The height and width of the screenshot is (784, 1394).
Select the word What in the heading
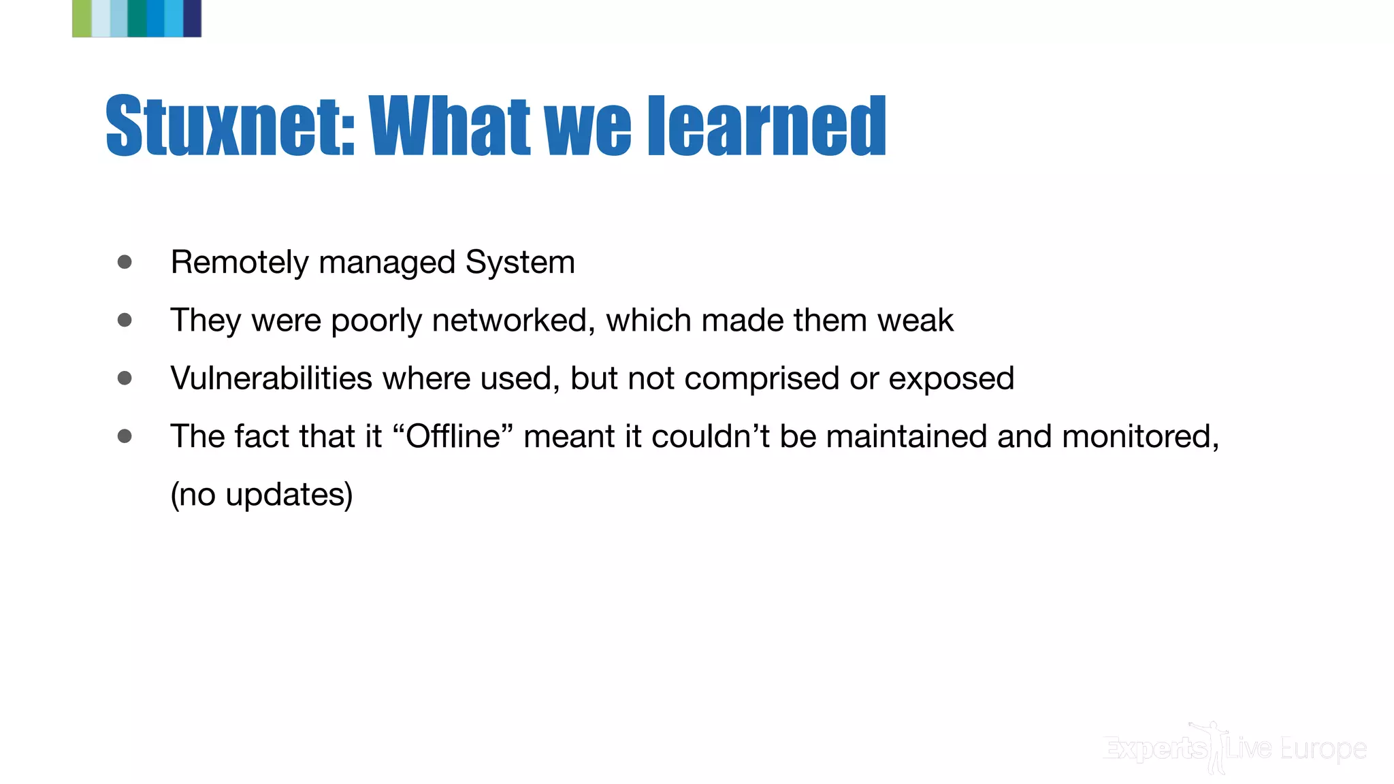click(449, 127)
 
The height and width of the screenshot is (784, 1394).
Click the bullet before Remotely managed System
click(125, 262)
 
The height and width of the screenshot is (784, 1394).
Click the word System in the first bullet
click(520, 263)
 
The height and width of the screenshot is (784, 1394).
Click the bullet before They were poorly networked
click(125, 320)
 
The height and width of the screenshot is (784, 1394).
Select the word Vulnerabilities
click(271, 378)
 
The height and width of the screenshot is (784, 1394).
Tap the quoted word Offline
click(453, 436)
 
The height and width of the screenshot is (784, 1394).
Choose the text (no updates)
click(261, 495)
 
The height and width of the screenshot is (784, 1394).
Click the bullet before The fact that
click(125, 436)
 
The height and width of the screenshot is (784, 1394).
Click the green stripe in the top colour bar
click(82, 18)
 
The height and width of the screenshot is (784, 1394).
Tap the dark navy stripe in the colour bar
click(193, 18)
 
